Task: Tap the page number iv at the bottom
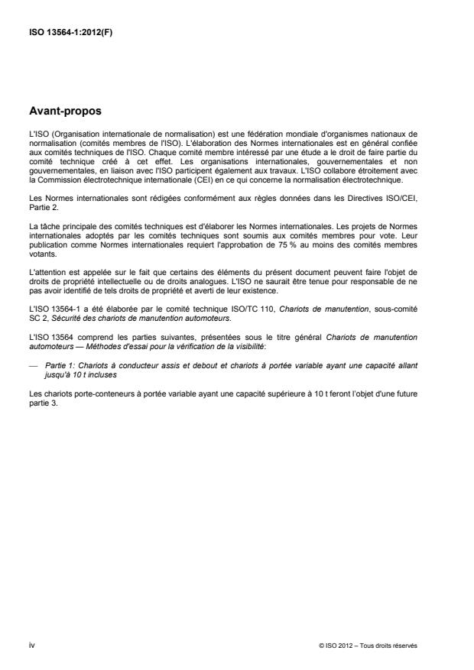coord(31,645)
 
